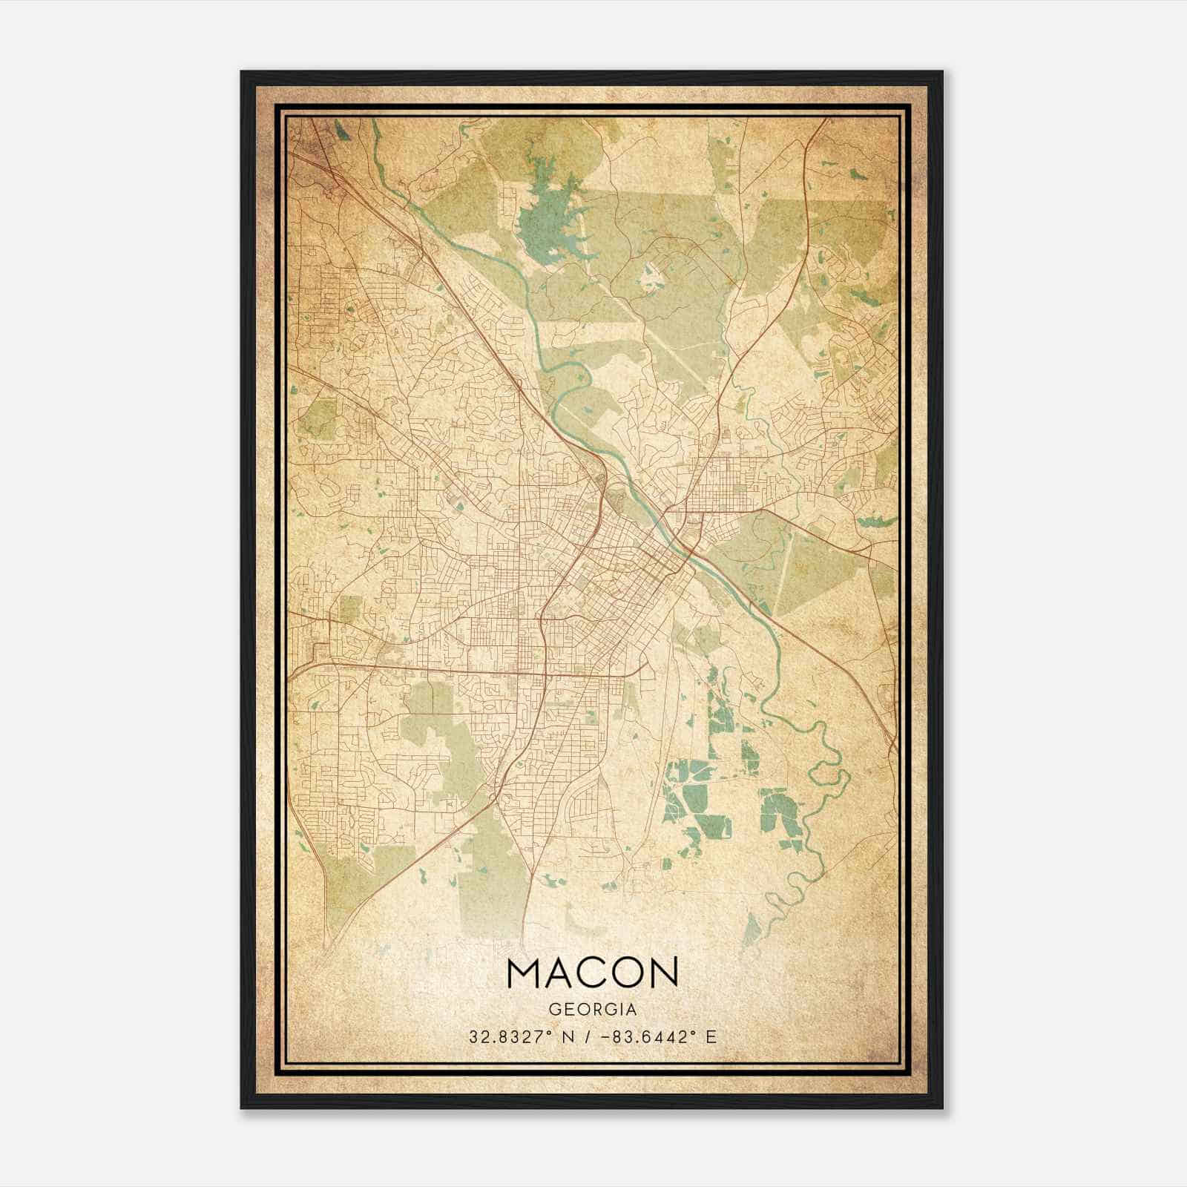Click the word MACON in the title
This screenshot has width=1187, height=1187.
coord(592,973)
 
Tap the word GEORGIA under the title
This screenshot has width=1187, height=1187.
coord(592,1010)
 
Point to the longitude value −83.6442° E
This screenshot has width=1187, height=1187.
coord(656,1036)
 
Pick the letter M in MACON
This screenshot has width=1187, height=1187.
coord(527,973)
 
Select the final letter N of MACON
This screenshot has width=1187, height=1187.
coord(662,973)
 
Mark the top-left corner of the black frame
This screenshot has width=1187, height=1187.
coord(242,72)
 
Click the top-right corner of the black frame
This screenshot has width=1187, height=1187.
coord(942,72)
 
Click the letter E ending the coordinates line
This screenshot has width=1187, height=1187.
coord(711,1036)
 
